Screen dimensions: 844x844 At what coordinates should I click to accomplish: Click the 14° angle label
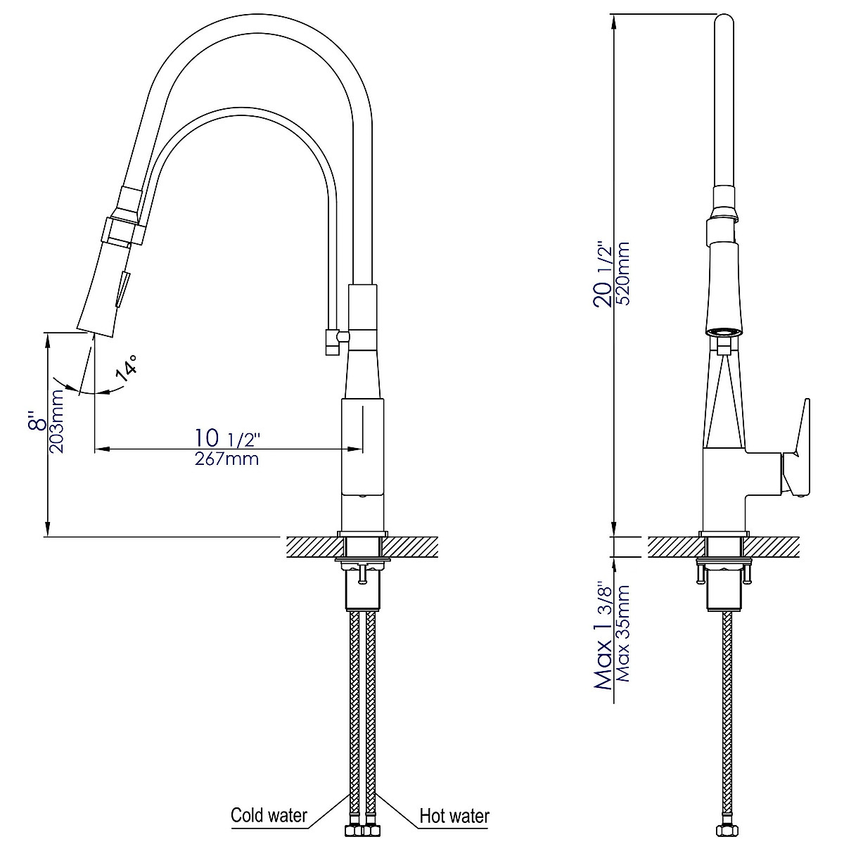click(127, 369)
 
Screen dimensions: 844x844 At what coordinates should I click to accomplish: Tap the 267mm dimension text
click(226, 459)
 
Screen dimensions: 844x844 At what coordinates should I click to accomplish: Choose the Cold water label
click(269, 815)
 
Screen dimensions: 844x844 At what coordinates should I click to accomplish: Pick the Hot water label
click(454, 816)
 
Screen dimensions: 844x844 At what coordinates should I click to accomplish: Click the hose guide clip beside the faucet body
click(331, 343)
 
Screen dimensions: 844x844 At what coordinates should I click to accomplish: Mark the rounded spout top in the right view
click(724, 21)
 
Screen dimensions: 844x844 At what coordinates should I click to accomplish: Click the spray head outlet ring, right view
click(724, 331)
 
